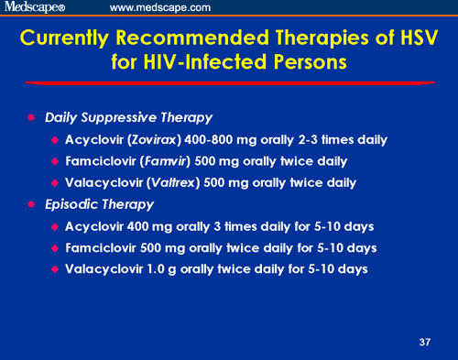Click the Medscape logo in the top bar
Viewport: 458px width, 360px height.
pos(35,7)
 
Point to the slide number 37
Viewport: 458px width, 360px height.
pos(423,342)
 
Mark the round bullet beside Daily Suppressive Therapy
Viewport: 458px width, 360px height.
pos(31,118)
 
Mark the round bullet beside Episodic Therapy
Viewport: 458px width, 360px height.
pos(31,204)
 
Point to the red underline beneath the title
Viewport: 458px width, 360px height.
pos(229,84)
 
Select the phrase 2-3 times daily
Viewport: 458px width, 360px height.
pos(344,140)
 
